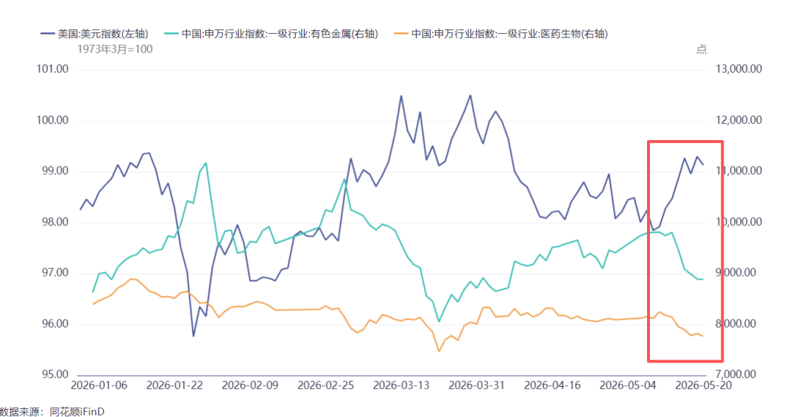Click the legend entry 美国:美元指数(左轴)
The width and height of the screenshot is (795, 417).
pos(94,34)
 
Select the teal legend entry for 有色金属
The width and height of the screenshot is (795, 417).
pos(271,34)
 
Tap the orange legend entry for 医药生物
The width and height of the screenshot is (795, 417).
pos(501,34)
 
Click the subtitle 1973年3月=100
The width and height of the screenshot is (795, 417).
pos(115,49)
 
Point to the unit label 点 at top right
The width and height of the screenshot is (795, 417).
pos(702,49)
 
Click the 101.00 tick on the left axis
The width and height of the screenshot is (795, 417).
pos(52,69)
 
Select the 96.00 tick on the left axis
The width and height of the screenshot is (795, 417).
pos(52,323)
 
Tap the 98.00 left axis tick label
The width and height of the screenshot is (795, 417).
pos(52,222)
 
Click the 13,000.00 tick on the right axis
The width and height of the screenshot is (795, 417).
pos(739,69)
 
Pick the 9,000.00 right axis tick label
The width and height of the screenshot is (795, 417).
pos(739,273)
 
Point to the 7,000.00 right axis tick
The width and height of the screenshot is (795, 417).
pos(739,374)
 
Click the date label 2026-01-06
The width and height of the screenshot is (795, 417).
pos(99,385)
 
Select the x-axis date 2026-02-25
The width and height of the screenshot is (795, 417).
pos(325,385)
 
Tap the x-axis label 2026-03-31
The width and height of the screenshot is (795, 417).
pos(476,385)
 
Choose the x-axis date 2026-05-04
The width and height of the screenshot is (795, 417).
pos(628,385)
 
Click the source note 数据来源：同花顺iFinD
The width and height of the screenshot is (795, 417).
pos(52,411)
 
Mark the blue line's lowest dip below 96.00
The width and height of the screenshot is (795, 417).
pos(193,336)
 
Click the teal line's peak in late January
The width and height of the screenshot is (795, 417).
pos(206,163)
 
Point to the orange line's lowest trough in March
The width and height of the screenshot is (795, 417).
pos(439,351)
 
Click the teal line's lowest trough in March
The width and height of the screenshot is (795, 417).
pos(439,321)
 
